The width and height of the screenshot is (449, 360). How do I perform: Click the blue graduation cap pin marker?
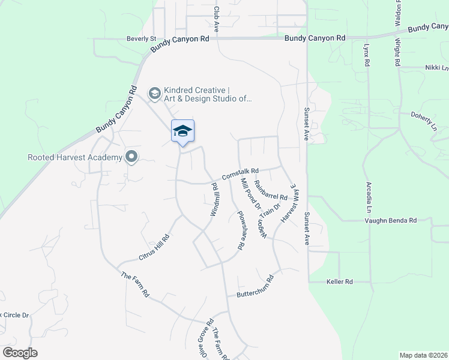pos(182,131)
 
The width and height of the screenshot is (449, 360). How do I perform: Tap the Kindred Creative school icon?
pos(154,92)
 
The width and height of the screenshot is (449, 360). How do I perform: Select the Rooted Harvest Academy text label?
pos(74,158)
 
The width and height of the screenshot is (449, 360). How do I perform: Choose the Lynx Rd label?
pos(366,55)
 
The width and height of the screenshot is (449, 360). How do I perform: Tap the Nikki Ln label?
pos(436,68)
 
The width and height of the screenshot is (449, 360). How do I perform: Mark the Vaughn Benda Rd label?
pos(391,221)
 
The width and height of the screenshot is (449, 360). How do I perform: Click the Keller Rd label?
pos(339,281)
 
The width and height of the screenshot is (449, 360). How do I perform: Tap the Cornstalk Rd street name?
pos(240,174)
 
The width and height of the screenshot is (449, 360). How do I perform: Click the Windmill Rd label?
pos(213,200)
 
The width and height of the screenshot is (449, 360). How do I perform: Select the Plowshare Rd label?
pos(240,230)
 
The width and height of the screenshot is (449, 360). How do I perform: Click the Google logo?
pos(20,353)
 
